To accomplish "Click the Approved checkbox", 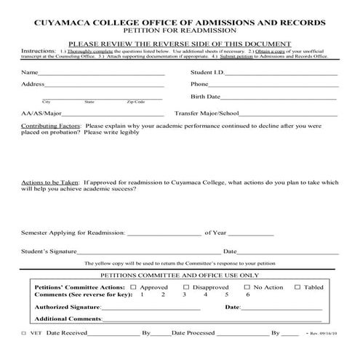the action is coord(135,287).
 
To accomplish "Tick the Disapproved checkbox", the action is coord(186,287).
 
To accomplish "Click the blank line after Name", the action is coord(102,73).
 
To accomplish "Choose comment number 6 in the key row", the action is coord(248,295).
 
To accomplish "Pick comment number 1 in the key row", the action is coord(142,295).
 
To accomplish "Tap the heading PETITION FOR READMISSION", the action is coord(180,31).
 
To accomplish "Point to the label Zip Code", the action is coord(136,102).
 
